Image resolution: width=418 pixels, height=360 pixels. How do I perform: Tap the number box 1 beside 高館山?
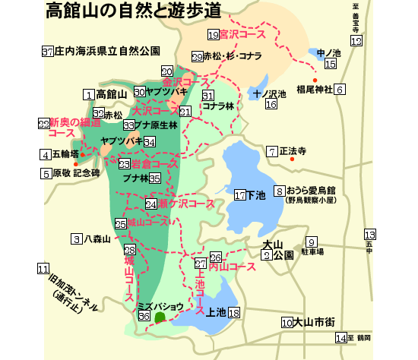[x=88, y=94]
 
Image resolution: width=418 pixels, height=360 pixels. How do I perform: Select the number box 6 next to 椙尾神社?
[x=340, y=90]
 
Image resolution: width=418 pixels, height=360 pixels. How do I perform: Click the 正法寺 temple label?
[x=292, y=151]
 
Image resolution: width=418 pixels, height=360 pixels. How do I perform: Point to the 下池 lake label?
[x=256, y=195]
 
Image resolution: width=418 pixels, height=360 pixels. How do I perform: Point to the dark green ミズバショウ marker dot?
[x=160, y=317]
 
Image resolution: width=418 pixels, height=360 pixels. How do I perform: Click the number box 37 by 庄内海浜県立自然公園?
[x=48, y=52]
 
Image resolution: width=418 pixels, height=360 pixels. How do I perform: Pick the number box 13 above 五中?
[x=370, y=235]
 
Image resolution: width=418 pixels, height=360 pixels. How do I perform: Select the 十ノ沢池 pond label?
[x=271, y=94]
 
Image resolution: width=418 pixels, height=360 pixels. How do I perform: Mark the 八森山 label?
[x=97, y=238]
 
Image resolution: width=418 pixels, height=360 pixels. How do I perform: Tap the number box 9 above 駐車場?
[x=312, y=242]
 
